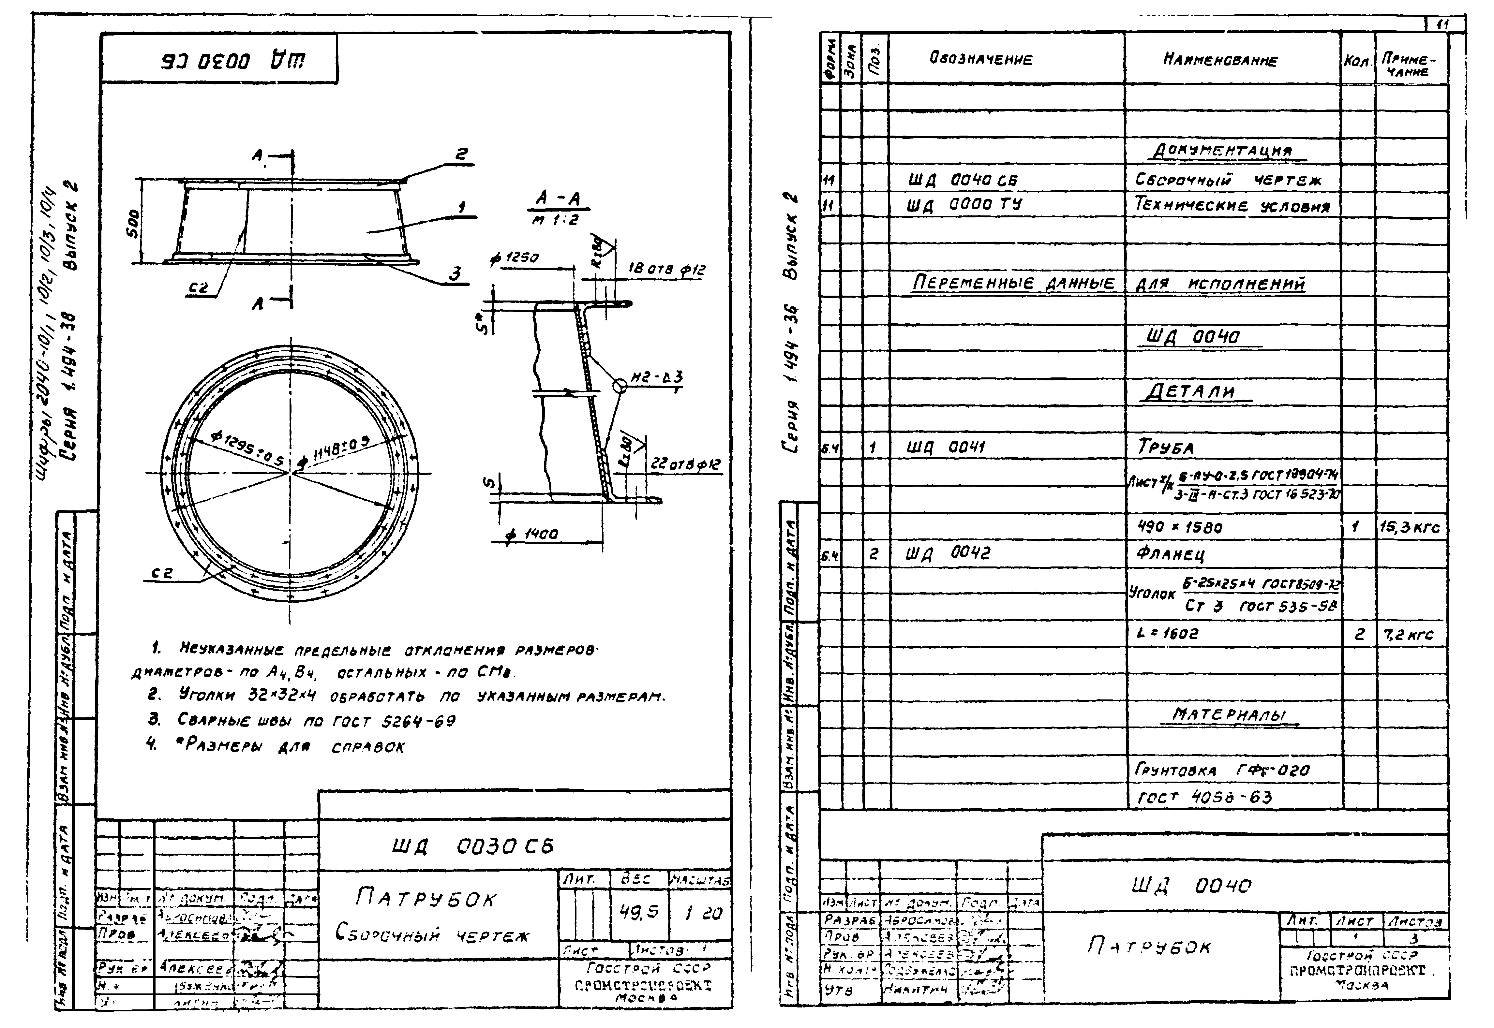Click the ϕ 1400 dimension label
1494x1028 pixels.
click(532, 534)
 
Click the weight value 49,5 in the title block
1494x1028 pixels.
click(639, 912)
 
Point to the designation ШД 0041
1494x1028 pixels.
click(946, 447)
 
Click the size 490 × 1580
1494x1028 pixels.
click(1179, 527)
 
